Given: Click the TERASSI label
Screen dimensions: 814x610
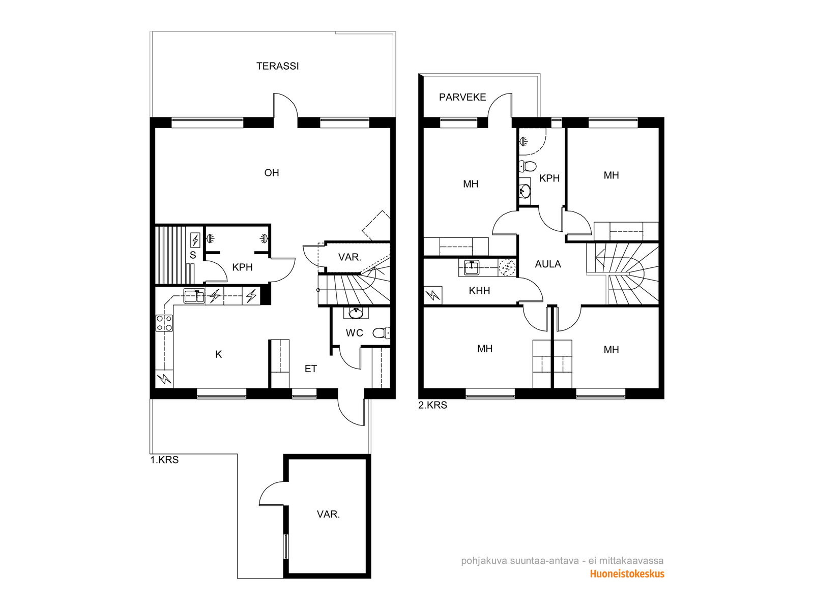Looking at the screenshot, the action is click(x=277, y=66).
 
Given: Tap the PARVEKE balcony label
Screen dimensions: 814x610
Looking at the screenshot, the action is click(x=462, y=97).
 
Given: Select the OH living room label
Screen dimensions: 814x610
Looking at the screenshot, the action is click(x=272, y=173).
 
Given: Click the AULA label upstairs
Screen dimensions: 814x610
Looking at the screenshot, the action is click(x=548, y=264).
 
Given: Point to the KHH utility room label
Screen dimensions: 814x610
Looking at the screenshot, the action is click(x=479, y=291).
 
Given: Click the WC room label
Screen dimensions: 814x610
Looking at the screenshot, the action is click(x=355, y=333).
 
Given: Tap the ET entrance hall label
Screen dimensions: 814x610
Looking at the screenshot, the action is click(x=311, y=369).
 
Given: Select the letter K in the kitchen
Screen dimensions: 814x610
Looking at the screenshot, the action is click(x=218, y=354).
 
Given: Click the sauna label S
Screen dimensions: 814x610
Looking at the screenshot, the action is click(x=193, y=255).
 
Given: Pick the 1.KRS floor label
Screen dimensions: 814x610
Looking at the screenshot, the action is click(x=164, y=460).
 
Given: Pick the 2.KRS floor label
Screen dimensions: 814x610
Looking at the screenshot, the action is click(x=433, y=405).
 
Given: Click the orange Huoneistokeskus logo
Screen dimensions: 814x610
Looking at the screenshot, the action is click(x=627, y=574).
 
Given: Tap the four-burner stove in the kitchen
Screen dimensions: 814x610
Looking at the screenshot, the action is click(x=164, y=323).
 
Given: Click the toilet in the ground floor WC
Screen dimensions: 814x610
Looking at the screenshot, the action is click(x=381, y=333).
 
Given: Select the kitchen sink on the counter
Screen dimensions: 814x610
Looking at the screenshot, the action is click(x=194, y=296).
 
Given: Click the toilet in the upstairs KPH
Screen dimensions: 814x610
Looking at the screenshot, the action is click(x=528, y=166).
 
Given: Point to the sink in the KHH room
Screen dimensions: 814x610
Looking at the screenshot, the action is click(x=471, y=267).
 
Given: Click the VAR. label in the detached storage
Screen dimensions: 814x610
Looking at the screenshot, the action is click(x=328, y=514).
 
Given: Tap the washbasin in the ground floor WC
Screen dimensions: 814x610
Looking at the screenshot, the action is click(x=356, y=313).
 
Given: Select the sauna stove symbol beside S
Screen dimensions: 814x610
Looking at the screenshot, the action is click(x=195, y=240).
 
